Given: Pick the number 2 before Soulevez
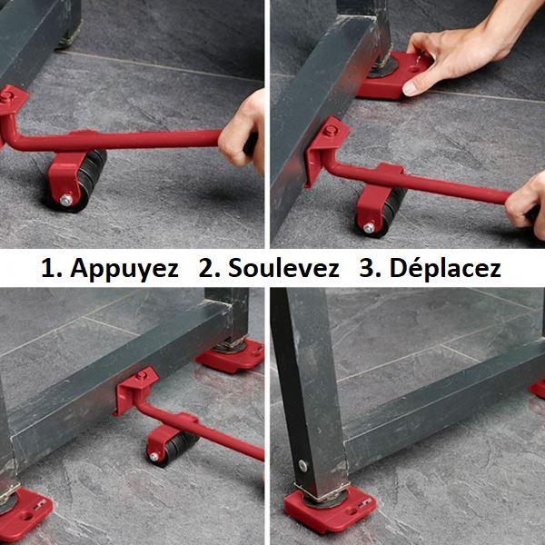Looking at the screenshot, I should [x=208, y=268].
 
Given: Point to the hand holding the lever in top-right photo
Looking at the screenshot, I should [x=524, y=205].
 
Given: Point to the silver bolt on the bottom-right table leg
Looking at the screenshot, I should [x=302, y=466].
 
